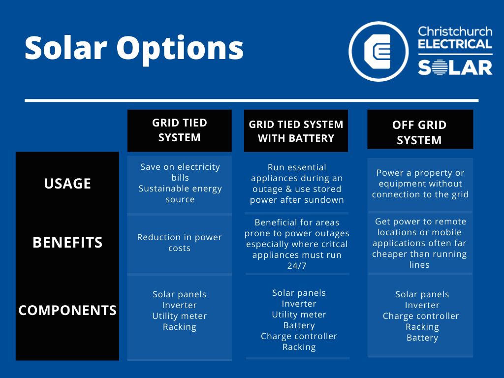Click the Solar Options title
coord(134,49)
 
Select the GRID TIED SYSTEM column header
coord(180,130)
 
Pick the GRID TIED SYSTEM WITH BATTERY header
coord(296,131)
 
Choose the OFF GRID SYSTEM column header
coord(419,132)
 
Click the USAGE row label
coord(67,184)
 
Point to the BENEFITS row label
coord(67,243)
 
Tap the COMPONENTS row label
coord(67,311)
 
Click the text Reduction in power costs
coord(180,243)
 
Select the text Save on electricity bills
coord(180,172)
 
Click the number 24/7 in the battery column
coord(296,266)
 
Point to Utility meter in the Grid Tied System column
coord(180,316)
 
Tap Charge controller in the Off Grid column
coord(421,316)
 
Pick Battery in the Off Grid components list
coord(422,338)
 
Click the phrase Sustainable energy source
coord(180,194)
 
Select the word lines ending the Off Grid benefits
coord(419,265)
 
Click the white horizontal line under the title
coord(252,100)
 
